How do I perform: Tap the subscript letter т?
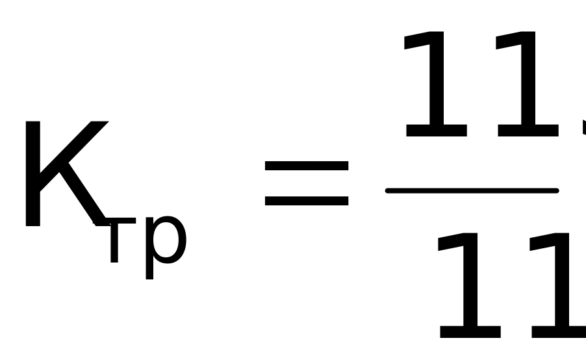tap(114, 240)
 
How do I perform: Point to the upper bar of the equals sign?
tap(306, 166)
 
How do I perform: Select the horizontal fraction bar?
tap(472, 190)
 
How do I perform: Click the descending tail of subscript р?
tap(149, 270)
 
